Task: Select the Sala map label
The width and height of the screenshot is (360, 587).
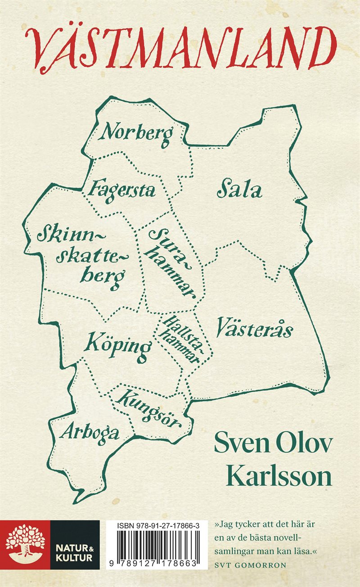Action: pos(239,190)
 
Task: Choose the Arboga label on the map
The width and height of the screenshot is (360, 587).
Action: pos(90,433)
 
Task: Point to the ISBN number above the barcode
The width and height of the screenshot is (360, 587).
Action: pos(153,526)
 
